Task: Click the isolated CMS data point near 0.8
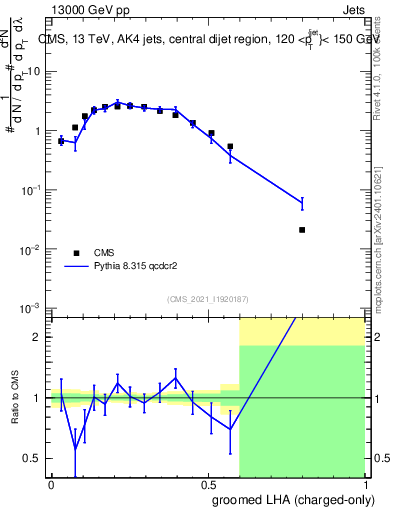(302, 230)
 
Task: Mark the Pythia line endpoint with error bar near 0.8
(302, 203)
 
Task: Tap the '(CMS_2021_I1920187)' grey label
(207, 299)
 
